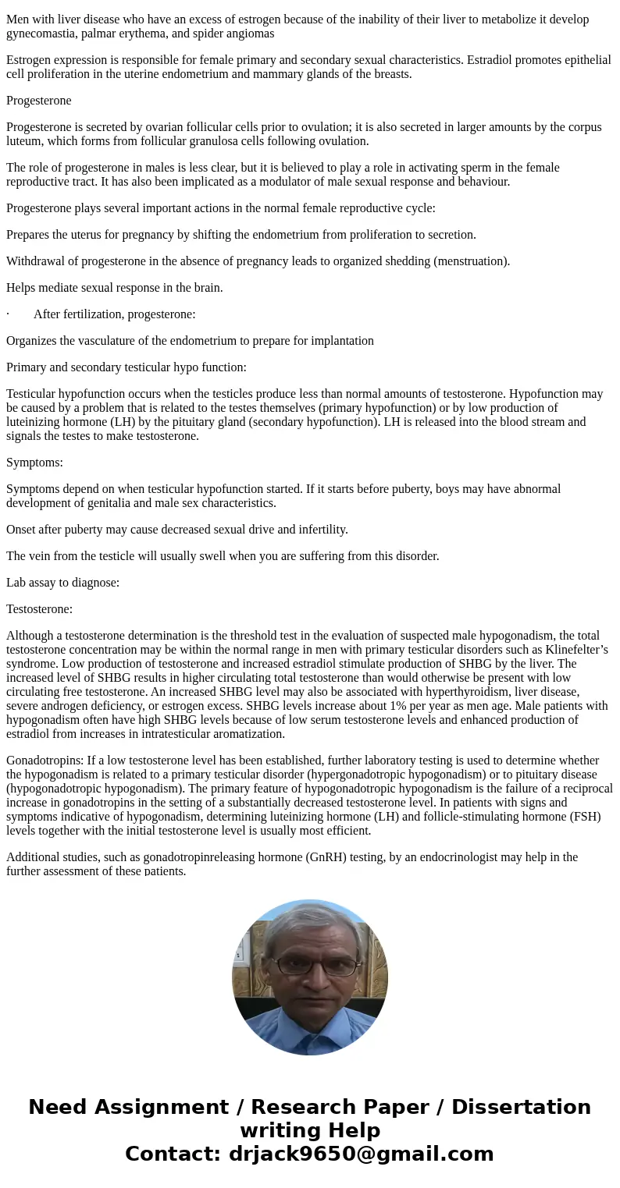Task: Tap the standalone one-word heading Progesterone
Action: (38, 101)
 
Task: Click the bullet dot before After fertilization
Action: (8, 314)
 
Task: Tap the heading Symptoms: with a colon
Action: (34, 463)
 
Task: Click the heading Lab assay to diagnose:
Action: (62, 583)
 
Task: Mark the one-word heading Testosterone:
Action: (39, 609)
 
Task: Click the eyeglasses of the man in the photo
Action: (311, 966)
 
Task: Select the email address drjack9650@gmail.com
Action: (361, 1154)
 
